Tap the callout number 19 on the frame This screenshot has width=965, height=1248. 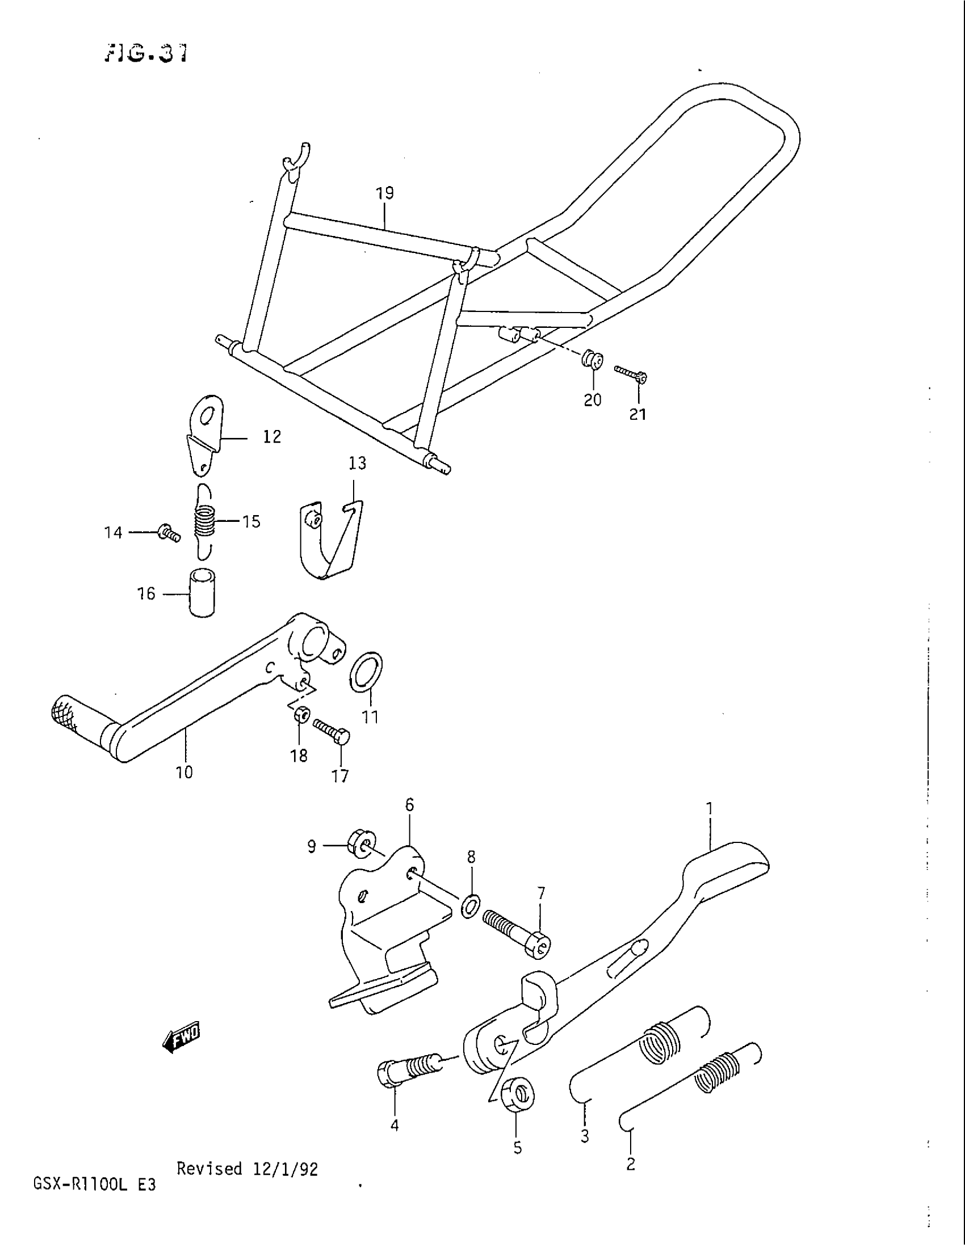(x=385, y=193)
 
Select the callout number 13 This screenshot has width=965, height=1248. (x=357, y=463)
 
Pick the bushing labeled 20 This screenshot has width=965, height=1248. (x=592, y=361)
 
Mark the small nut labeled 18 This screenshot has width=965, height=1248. (x=301, y=715)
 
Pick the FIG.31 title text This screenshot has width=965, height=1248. (x=146, y=54)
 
